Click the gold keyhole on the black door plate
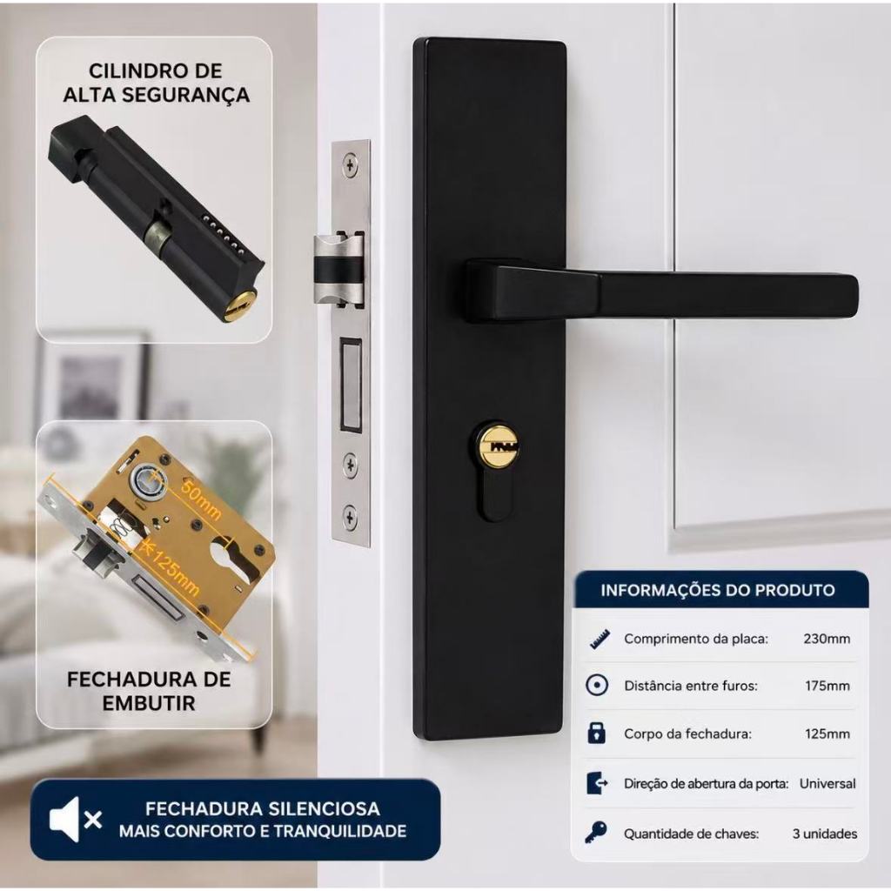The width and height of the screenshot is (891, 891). pyautogui.click(x=497, y=445)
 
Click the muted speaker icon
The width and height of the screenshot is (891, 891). pyautogui.click(x=75, y=819)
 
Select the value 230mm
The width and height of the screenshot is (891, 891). pyautogui.click(x=827, y=639)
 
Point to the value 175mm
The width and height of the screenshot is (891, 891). pyautogui.click(x=827, y=686)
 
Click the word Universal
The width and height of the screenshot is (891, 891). pyautogui.click(x=827, y=784)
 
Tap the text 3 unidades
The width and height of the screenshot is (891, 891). pyautogui.click(x=825, y=834)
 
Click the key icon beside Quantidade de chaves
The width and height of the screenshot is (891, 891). pyautogui.click(x=596, y=833)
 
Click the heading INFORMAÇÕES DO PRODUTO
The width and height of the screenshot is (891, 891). pyautogui.click(x=718, y=590)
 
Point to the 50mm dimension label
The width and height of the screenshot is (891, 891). pyautogui.click(x=199, y=499)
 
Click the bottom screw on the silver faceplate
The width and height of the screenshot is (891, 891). pyautogui.click(x=351, y=517)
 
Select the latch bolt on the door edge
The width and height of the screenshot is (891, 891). pyautogui.click(x=339, y=267)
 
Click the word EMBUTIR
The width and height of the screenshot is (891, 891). pyautogui.click(x=149, y=703)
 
